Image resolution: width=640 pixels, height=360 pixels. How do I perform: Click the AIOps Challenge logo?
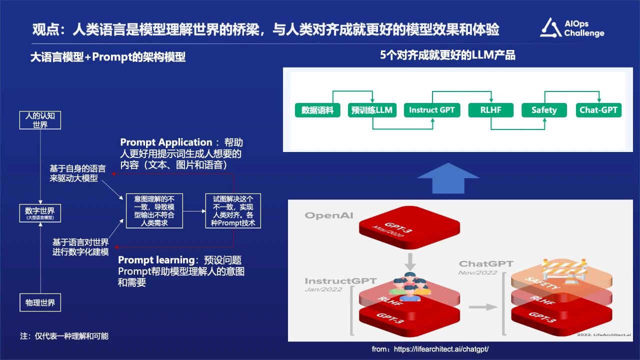(x=572, y=28)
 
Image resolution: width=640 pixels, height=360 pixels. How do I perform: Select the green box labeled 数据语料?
(x=317, y=110)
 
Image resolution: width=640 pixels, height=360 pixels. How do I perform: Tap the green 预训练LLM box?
(x=372, y=110)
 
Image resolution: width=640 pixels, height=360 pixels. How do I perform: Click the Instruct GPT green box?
(x=431, y=110)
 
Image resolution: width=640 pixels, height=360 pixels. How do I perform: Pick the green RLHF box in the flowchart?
(x=491, y=110)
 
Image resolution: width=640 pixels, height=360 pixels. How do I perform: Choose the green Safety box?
(x=544, y=110)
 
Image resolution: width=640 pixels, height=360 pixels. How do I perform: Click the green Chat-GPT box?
(x=598, y=110)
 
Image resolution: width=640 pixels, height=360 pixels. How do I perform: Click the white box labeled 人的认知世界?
(x=40, y=120)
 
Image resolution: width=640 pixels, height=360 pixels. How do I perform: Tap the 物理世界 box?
(x=40, y=302)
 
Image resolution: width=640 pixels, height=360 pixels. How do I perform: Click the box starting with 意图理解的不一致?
(x=154, y=211)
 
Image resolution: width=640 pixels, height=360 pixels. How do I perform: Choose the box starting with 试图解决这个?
(x=233, y=211)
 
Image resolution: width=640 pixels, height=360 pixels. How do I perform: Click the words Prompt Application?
(x=166, y=142)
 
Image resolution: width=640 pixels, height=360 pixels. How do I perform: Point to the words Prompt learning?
(x=156, y=260)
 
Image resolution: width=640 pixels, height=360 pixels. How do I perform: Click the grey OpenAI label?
(x=329, y=215)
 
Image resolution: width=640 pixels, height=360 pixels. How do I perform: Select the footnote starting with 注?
(x=64, y=336)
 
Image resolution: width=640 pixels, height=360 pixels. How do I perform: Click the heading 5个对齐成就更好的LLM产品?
(x=447, y=55)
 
